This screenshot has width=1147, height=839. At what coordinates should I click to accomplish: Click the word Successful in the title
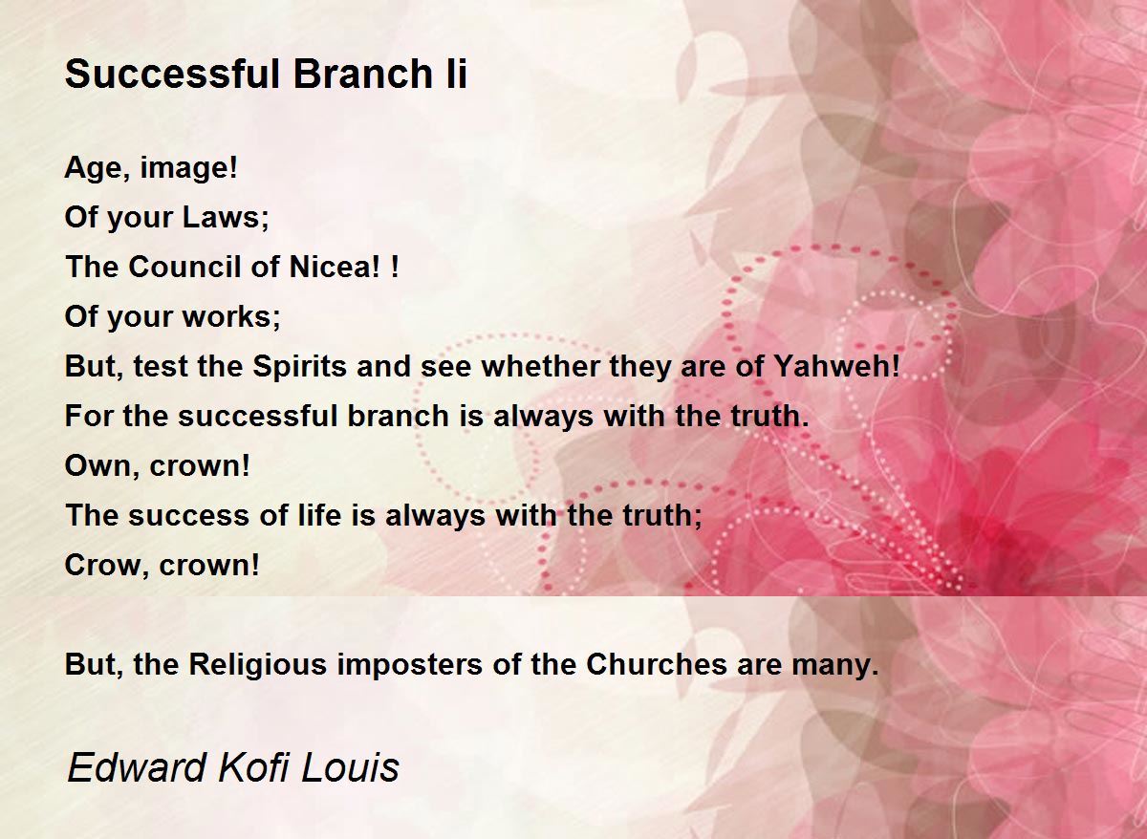coord(173,74)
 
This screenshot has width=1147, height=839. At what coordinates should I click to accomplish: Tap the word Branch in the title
coord(363,74)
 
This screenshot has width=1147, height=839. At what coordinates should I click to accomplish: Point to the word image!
coord(188,169)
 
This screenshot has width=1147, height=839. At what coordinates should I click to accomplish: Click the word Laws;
coord(226,218)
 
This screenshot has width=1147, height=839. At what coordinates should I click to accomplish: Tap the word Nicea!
coord(335,268)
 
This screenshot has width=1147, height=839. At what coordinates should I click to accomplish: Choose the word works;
coord(231,317)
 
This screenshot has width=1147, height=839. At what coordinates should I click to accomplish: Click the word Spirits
coord(299,367)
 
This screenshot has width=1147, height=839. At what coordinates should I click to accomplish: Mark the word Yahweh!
coord(835,367)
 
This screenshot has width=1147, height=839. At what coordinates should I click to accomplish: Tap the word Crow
coord(102,565)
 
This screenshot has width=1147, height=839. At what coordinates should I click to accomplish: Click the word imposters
coord(409,665)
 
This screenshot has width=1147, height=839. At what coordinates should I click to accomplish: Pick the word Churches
coord(657,664)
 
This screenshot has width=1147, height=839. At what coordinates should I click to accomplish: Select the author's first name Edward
coord(136,767)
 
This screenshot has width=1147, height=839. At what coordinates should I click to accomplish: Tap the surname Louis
coord(350,767)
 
